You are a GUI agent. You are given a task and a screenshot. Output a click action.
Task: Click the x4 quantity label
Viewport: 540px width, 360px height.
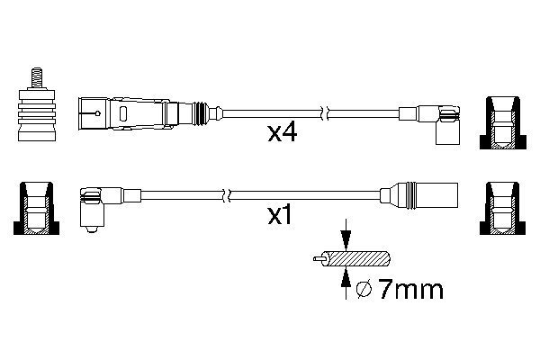[282, 133]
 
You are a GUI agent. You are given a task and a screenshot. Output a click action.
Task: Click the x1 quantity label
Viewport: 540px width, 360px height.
[280, 216]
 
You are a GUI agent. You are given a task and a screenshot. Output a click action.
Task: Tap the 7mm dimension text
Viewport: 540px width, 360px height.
[410, 290]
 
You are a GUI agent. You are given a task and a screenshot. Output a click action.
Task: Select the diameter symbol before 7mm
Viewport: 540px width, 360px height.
[364, 290]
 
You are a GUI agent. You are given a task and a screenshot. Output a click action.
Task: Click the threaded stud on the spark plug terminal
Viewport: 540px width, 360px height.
[37, 78]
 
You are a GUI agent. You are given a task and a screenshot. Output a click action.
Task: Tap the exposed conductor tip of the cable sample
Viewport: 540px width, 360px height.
[319, 258]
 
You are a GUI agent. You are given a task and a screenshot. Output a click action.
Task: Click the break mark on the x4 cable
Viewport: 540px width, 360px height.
[325, 113]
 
